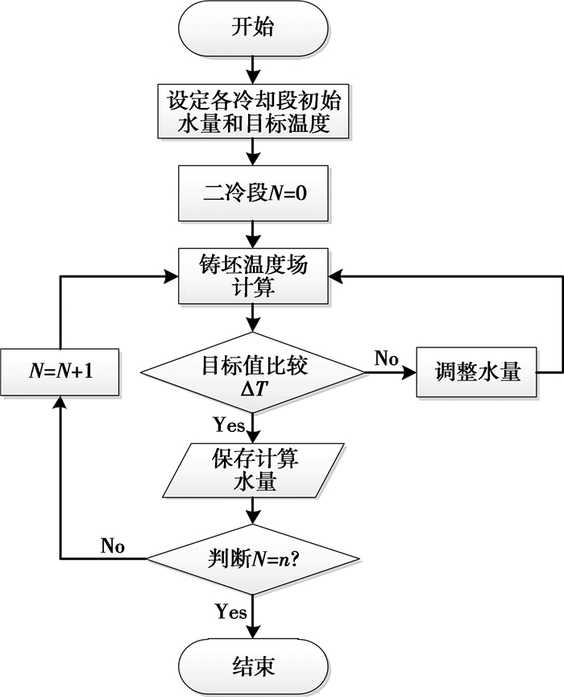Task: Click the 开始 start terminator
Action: point(253,28)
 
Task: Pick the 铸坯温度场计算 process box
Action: point(253,276)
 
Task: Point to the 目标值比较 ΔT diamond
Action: point(253,371)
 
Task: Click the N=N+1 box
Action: point(61,373)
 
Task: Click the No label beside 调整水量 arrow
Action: point(386,359)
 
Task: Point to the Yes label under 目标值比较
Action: point(230,424)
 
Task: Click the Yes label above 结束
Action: point(230,612)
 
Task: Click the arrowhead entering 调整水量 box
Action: point(409,372)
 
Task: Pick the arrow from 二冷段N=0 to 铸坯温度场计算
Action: point(253,234)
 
